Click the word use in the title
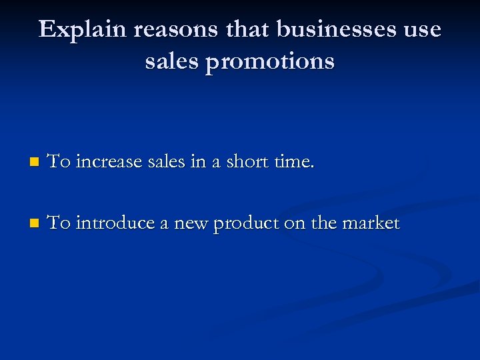click(419, 30)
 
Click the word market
click(370, 223)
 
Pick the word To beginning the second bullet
click(60, 223)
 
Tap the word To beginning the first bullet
click(60, 161)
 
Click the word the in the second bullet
click(323, 223)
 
